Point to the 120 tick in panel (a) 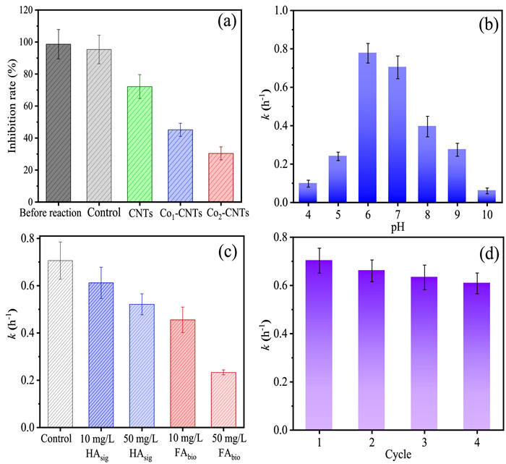tap(33, 11)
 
